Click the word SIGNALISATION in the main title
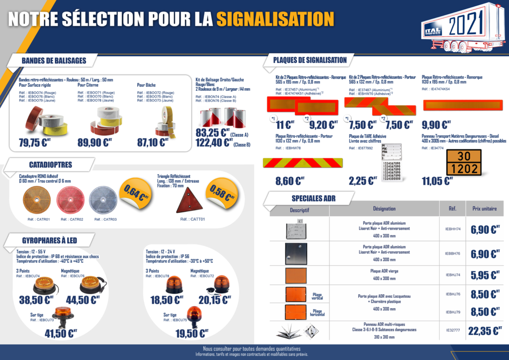click(274, 19)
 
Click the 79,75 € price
click(35, 143)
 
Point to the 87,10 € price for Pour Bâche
click(153, 143)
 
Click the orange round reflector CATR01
click(37, 200)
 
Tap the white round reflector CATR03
click(102, 200)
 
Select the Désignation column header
click(384, 209)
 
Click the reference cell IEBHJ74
click(452, 274)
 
